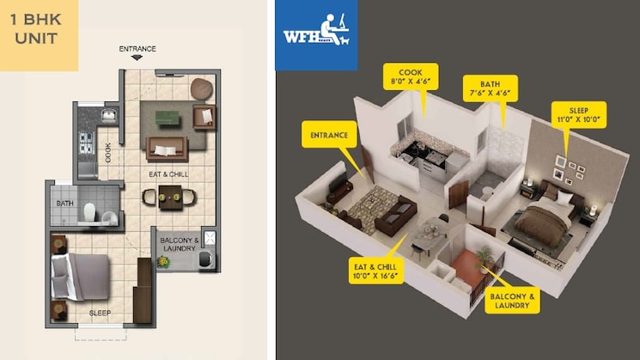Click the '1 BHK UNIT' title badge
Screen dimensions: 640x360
[x=39, y=35]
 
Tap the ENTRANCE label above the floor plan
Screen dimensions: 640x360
[x=137, y=49]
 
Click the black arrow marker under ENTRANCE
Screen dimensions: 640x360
[x=137, y=58]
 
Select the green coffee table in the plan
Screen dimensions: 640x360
[x=168, y=118]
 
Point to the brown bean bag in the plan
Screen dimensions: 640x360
[x=201, y=88]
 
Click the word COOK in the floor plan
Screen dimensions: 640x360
[x=107, y=152]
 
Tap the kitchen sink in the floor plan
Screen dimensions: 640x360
[x=108, y=116]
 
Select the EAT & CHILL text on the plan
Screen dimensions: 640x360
[x=168, y=174]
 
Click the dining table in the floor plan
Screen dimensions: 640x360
[x=170, y=198]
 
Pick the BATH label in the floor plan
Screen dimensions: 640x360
[x=65, y=204]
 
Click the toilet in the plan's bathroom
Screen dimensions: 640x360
[x=89, y=212]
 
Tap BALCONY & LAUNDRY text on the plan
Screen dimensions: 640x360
[x=180, y=244]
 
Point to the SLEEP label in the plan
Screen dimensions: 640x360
[x=100, y=313]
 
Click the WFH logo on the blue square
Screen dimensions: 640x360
[x=316, y=35]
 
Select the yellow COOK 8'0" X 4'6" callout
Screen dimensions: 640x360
[x=411, y=76]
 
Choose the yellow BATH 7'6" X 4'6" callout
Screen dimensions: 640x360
[x=491, y=88]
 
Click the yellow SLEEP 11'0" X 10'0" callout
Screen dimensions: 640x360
[x=579, y=114]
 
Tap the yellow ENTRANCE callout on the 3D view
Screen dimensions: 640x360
[x=329, y=135]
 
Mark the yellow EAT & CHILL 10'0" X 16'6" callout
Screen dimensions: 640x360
[x=376, y=271]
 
